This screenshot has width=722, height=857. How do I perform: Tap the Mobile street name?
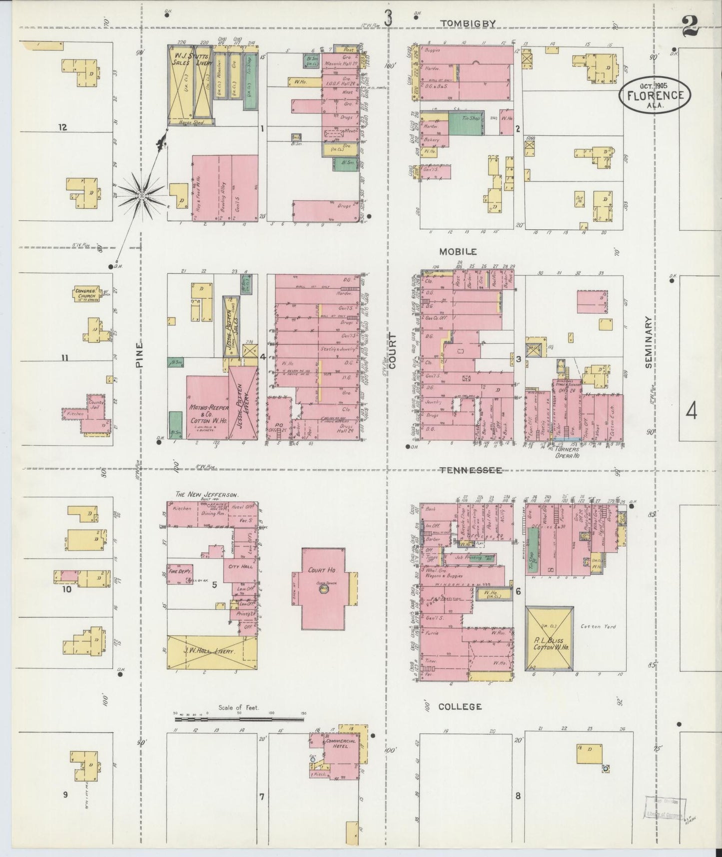tap(458, 251)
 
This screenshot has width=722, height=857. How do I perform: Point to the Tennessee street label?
tap(471, 470)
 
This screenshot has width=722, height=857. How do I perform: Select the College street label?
tap(460, 706)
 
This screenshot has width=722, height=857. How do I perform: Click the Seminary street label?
tap(649, 342)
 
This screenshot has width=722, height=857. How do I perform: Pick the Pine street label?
tap(139, 354)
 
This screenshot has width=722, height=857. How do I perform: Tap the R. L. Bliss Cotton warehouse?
tap(549, 638)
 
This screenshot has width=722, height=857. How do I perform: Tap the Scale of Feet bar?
tap(239, 719)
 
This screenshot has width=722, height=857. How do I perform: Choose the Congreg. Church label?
tap(86, 293)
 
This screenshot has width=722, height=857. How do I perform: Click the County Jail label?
tap(95, 404)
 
